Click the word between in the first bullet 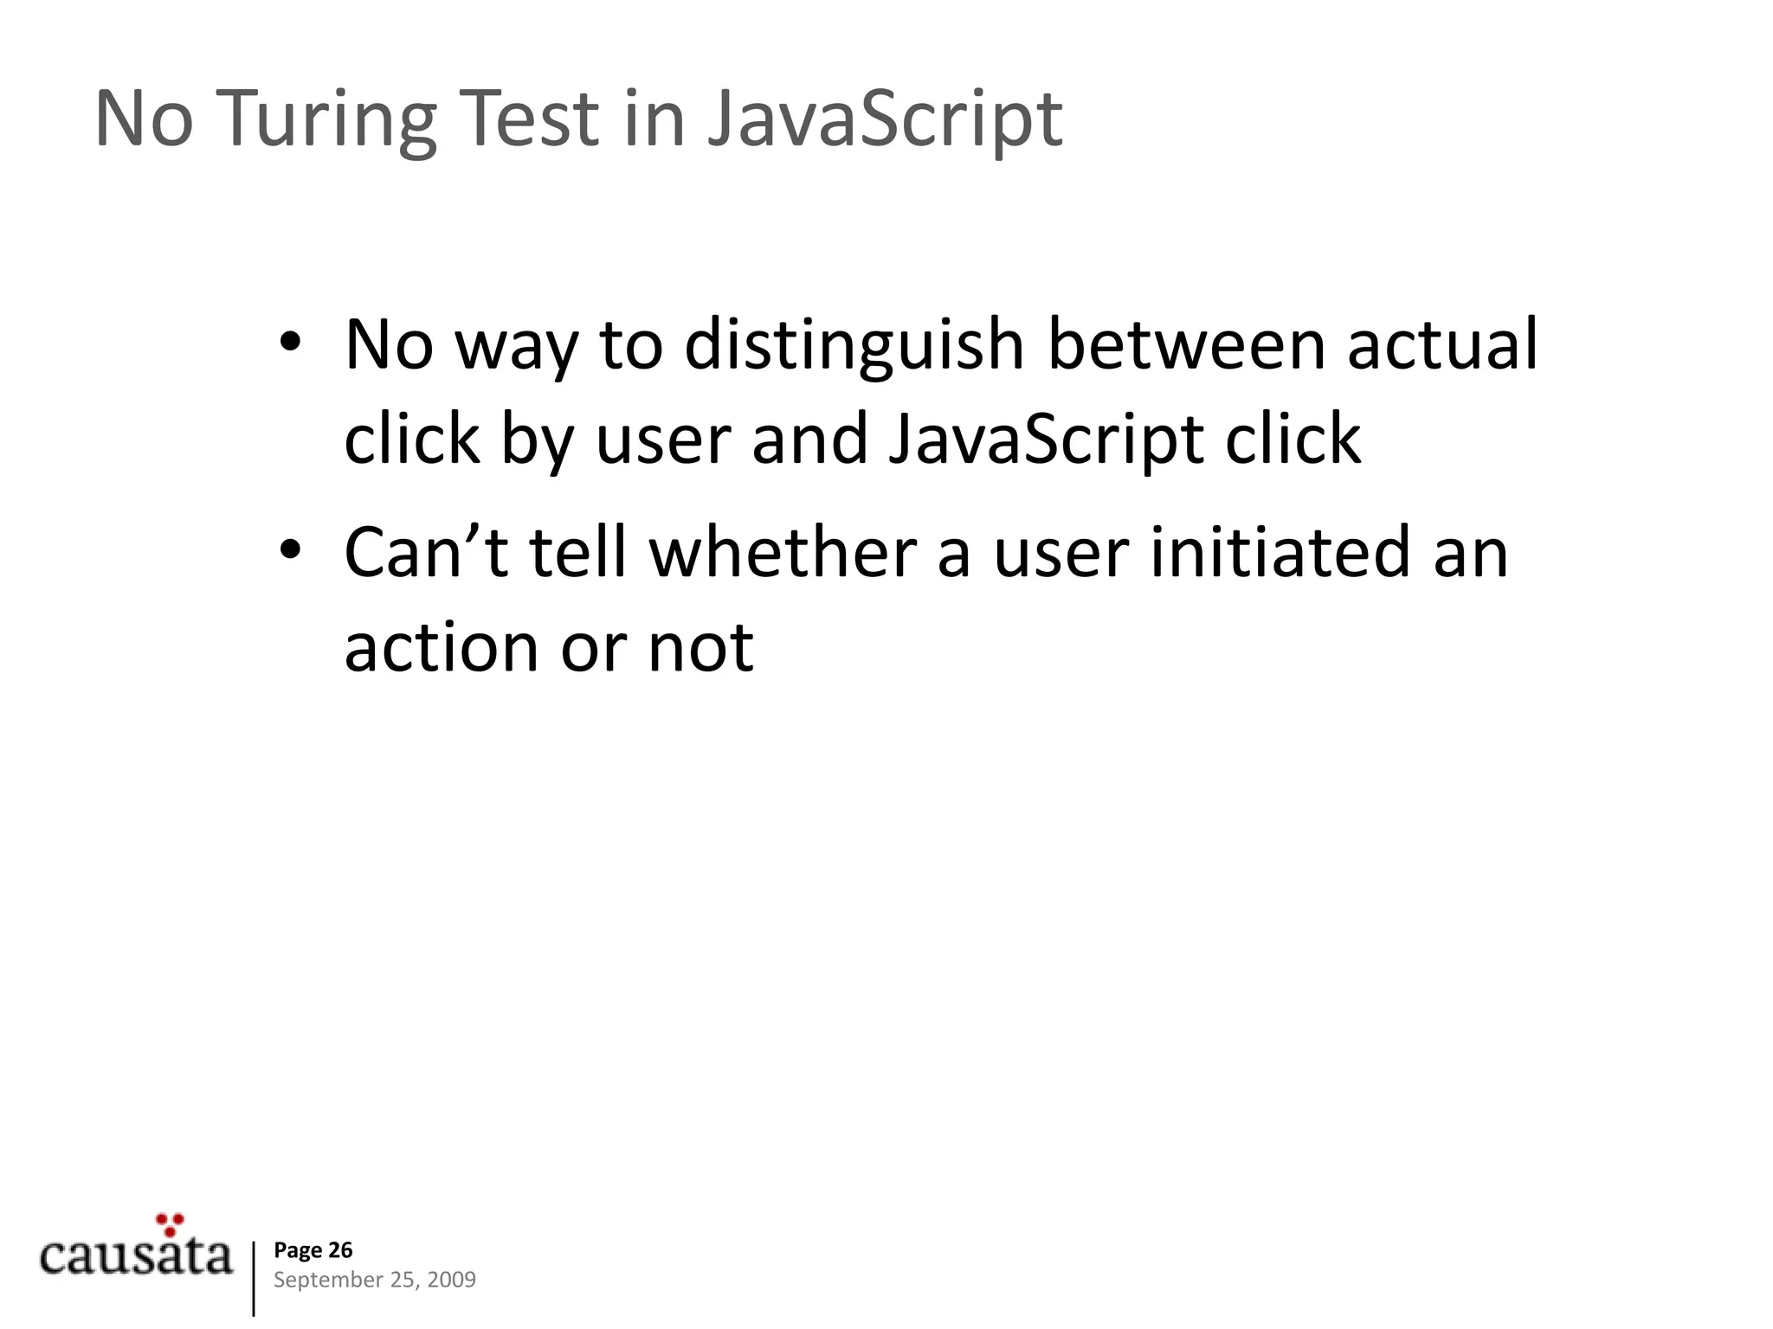click(x=1186, y=344)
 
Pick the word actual click(x=1442, y=344)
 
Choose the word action click(x=441, y=648)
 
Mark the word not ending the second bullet click(x=700, y=648)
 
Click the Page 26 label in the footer click(x=313, y=1249)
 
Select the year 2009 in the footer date click(x=451, y=1280)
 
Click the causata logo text click(x=137, y=1256)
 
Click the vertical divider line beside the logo click(x=254, y=1278)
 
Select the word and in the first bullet click(x=809, y=440)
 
